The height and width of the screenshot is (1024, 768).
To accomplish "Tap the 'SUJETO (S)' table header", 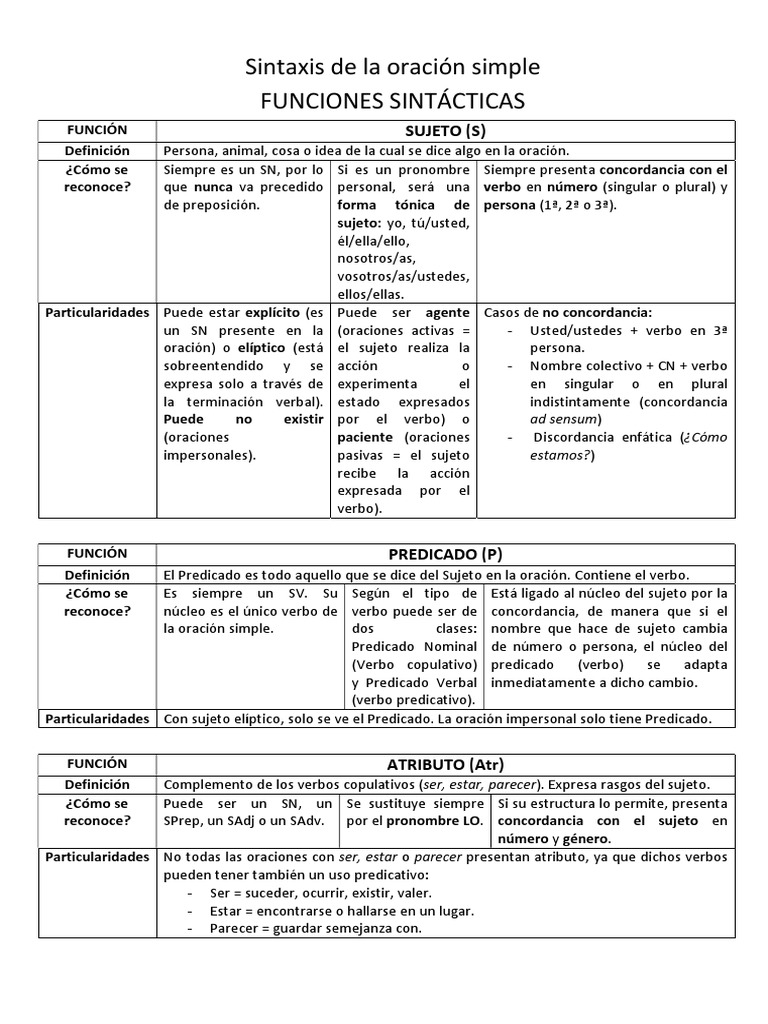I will point(445,131).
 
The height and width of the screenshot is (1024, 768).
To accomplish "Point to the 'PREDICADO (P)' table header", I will point(445,554).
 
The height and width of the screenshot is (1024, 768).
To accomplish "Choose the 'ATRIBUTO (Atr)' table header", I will point(445,764).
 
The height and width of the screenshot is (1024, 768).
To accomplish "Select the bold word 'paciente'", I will point(365,437).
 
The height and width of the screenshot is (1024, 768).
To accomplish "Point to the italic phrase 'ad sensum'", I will point(566,419).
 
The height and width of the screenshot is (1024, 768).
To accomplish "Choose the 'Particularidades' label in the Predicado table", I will point(97,718).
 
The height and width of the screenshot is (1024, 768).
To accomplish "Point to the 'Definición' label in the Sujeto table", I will point(97,150).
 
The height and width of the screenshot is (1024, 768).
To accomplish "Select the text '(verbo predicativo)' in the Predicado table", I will point(412,699).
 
